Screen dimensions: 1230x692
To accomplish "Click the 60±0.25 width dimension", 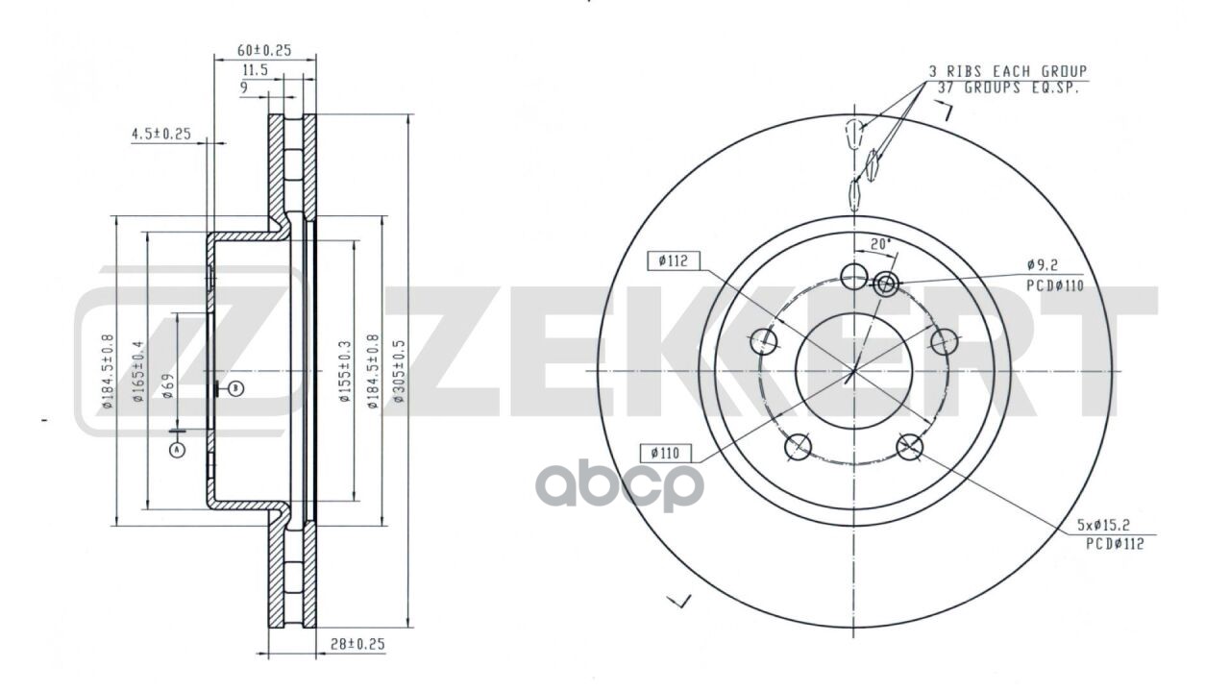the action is pos(264,50).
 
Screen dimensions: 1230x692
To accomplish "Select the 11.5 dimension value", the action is pos(256,70).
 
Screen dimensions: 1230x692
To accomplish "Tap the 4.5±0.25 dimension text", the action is pos(160,134).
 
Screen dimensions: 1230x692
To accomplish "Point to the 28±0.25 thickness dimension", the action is pos(357,644).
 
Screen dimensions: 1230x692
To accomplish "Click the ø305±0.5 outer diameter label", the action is pos(399,371).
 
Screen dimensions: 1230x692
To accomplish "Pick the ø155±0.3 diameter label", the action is pos(344,371).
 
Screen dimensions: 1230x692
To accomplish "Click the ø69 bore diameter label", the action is pos(168,385).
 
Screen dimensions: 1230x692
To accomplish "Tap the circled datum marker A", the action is pos(177,450).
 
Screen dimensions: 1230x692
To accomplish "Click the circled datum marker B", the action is pos(236,389).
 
